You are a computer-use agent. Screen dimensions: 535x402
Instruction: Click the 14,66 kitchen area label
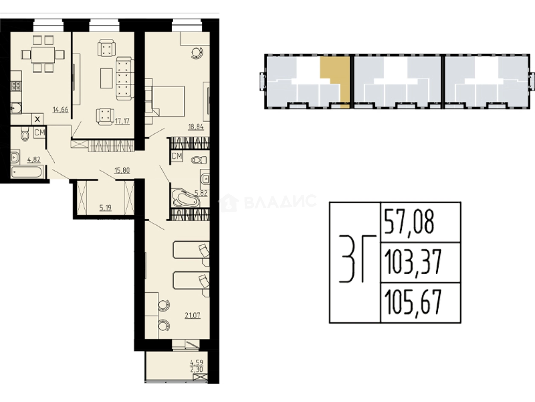coord(61,110)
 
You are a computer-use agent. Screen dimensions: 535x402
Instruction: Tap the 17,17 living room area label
coord(122,121)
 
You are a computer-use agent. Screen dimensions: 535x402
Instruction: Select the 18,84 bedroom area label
coord(196,127)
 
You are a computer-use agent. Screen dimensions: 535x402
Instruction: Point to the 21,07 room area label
coord(192,315)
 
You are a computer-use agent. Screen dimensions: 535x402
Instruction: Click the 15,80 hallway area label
coord(122,170)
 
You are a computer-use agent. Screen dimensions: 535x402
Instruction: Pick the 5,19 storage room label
coord(105,208)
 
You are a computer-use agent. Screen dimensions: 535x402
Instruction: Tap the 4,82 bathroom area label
coord(34,160)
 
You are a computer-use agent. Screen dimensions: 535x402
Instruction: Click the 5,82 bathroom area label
coord(201,194)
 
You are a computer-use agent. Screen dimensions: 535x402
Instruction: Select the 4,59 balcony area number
coord(196,362)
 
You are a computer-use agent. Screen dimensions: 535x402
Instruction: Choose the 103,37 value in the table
coord(413,262)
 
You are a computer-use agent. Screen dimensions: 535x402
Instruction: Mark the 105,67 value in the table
coord(413,302)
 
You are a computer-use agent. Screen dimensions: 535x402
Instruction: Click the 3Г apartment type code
coord(357,259)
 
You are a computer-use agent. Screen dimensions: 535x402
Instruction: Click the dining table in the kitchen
coord(43,55)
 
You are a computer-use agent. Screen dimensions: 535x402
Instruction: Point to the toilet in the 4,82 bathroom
coord(25,134)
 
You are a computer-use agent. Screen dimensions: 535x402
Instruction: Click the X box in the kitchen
coord(38,119)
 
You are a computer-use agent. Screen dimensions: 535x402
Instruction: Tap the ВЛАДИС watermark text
coord(280,202)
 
